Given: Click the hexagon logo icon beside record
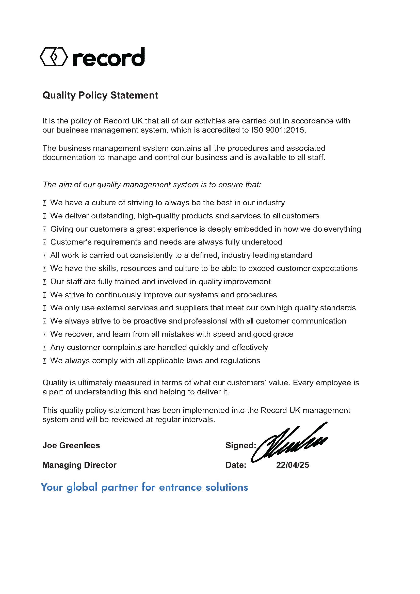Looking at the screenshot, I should tap(54, 57).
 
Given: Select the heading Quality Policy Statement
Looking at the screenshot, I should tap(100, 95).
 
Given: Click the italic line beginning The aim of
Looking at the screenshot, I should tap(152, 184).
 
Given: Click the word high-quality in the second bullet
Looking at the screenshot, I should tap(160, 216).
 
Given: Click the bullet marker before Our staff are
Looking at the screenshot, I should tap(44, 282).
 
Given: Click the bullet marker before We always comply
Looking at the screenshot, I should tap(44, 361).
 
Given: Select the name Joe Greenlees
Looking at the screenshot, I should tap(71, 445).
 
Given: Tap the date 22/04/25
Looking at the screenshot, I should tap(293, 465).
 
